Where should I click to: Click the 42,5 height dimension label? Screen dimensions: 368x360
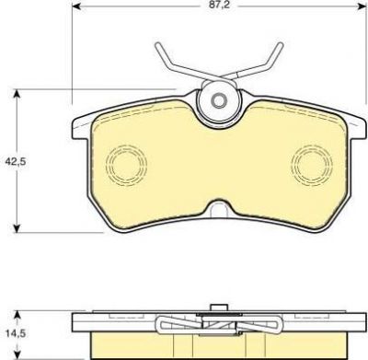point(16,162)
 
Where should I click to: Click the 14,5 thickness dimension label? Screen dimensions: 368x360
point(16,333)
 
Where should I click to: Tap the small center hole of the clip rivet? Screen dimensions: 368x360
point(219,100)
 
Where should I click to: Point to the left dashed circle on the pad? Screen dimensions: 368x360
point(126,166)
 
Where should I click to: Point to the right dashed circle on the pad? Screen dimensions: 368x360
point(312,166)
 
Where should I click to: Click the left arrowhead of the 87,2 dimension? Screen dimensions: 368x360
point(75,6)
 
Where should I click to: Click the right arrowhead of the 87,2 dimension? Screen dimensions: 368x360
point(362,6)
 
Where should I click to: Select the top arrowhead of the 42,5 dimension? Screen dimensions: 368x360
point(17,94)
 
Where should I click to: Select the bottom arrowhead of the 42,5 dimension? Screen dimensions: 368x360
point(17,228)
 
